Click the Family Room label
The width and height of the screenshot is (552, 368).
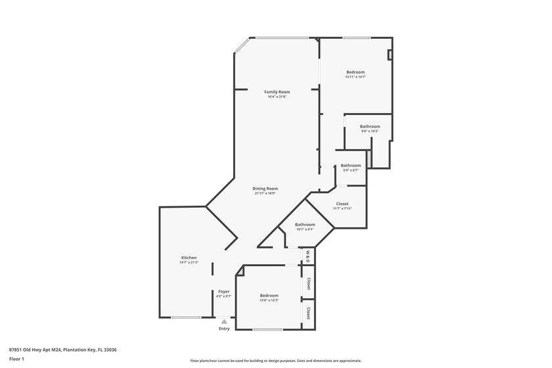(x=277, y=91)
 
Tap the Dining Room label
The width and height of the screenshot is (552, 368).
(x=265, y=189)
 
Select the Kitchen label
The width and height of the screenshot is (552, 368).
(x=189, y=258)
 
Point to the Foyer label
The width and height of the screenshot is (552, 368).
(x=223, y=291)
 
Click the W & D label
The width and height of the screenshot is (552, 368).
(x=307, y=256)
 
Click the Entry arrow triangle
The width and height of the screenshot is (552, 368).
(x=224, y=321)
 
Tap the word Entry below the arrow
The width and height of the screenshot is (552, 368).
(x=224, y=329)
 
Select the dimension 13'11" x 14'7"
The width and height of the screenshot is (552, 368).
(x=355, y=77)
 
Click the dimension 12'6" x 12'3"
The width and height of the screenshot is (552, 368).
(x=269, y=300)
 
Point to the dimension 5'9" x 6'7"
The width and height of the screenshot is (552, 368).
(x=350, y=170)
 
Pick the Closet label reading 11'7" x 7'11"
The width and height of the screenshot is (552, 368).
(x=342, y=204)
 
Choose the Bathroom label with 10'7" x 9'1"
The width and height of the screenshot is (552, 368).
(x=304, y=225)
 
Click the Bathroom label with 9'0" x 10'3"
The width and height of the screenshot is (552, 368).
(x=369, y=126)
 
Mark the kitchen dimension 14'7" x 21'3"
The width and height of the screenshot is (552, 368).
(x=189, y=263)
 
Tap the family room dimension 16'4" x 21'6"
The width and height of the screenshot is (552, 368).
(x=277, y=97)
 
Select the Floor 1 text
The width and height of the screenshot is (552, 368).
(x=16, y=359)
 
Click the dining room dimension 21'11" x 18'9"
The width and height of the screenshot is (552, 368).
(x=265, y=193)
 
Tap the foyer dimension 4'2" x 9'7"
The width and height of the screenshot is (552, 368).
(x=223, y=296)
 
